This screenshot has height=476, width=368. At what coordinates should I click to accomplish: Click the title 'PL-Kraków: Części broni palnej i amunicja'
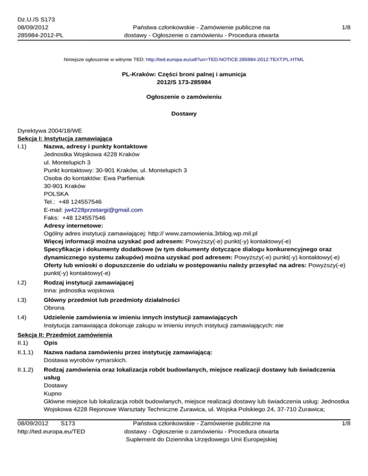[x=184, y=75]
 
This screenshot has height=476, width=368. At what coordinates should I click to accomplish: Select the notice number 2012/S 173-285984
[x=184, y=83]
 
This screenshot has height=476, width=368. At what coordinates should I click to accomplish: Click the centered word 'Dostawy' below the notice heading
[x=184, y=114]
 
